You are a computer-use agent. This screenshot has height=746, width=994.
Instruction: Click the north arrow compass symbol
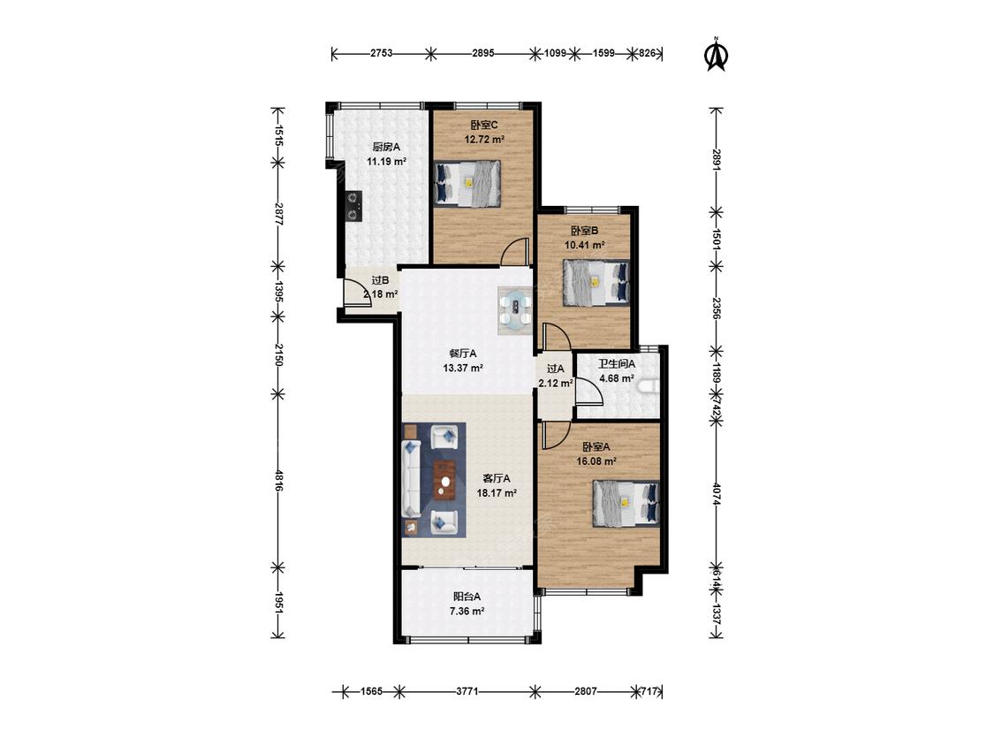pyautogui.click(x=717, y=54)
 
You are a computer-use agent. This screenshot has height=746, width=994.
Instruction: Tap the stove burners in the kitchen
pyautogui.click(x=353, y=206)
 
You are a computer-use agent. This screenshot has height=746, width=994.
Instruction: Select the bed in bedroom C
pyautogui.click(x=467, y=183)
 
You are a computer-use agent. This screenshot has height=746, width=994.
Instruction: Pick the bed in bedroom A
pyautogui.click(x=626, y=504)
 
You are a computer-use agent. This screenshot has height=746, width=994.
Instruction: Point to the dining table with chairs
pyautogui.click(x=515, y=310)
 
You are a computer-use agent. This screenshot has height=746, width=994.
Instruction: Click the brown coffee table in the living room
pyautogui.click(x=445, y=481)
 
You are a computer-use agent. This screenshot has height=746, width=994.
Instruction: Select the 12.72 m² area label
pyautogui.click(x=484, y=140)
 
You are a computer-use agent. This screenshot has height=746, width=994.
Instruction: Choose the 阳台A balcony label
pyautogui.click(x=467, y=597)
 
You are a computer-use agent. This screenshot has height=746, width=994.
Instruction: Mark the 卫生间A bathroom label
pyautogui.click(x=617, y=364)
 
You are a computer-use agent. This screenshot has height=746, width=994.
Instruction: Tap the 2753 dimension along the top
pyautogui.click(x=381, y=53)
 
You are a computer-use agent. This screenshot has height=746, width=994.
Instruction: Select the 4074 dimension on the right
pyautogui.click(x=717, y=494)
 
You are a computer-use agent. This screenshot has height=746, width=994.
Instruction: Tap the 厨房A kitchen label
pyautogui.click(x=386, y=148)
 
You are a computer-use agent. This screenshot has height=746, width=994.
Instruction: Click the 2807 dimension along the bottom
pyautogui.click(x=586, y=691)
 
